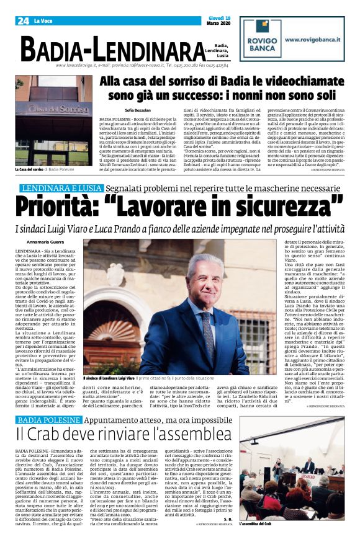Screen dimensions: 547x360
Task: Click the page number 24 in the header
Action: tap(23, 20)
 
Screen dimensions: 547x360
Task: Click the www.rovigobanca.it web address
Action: tap(310, 38)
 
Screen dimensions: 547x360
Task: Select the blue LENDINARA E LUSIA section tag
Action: tap(60, 189)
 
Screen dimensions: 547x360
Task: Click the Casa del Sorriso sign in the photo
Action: tap(61, 109)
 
